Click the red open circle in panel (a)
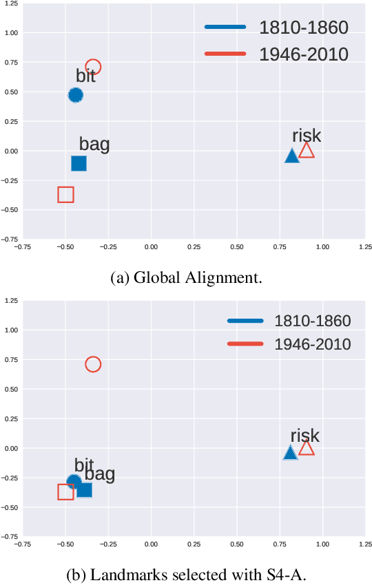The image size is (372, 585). pos(93,67)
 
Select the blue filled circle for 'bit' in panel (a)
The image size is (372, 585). pos(76,95)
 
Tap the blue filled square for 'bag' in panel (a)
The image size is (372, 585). pos(79,163)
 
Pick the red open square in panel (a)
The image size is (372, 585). pos(65,194)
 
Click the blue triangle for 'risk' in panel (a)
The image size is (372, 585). pos(292,156)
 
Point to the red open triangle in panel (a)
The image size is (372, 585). pos(307,151)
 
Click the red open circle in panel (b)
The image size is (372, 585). pos(93,364)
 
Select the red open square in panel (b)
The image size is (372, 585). pos(65,491)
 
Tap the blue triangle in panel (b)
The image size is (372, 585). pos(291,453)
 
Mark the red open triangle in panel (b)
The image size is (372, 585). pos(307,449)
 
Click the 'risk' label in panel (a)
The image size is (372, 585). pos(307,136)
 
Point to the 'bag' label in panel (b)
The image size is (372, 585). pos(100,474)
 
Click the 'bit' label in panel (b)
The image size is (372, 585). pos(84,465)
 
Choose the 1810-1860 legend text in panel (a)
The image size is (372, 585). pos(304,28)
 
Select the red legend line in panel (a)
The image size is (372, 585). pos(225,54)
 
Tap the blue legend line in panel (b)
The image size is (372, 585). pos(245,321)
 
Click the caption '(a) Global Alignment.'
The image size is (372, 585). pos(186,277)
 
